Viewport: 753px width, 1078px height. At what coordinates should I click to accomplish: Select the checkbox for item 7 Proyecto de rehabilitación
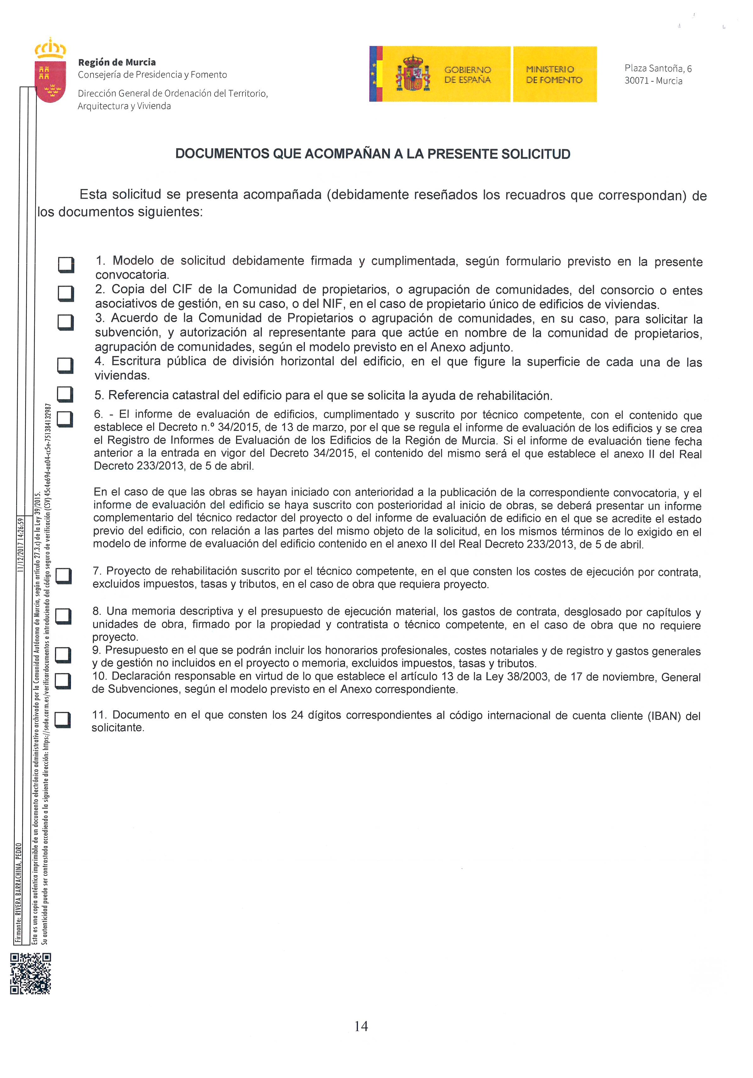(x=63, y=576)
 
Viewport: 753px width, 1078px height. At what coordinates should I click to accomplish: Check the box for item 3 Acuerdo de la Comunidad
(x=65, y=322)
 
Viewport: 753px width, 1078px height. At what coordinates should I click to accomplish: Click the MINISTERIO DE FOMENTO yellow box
(x=555, y=74)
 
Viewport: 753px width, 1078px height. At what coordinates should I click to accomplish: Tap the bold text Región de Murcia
(x=117, y=62)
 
